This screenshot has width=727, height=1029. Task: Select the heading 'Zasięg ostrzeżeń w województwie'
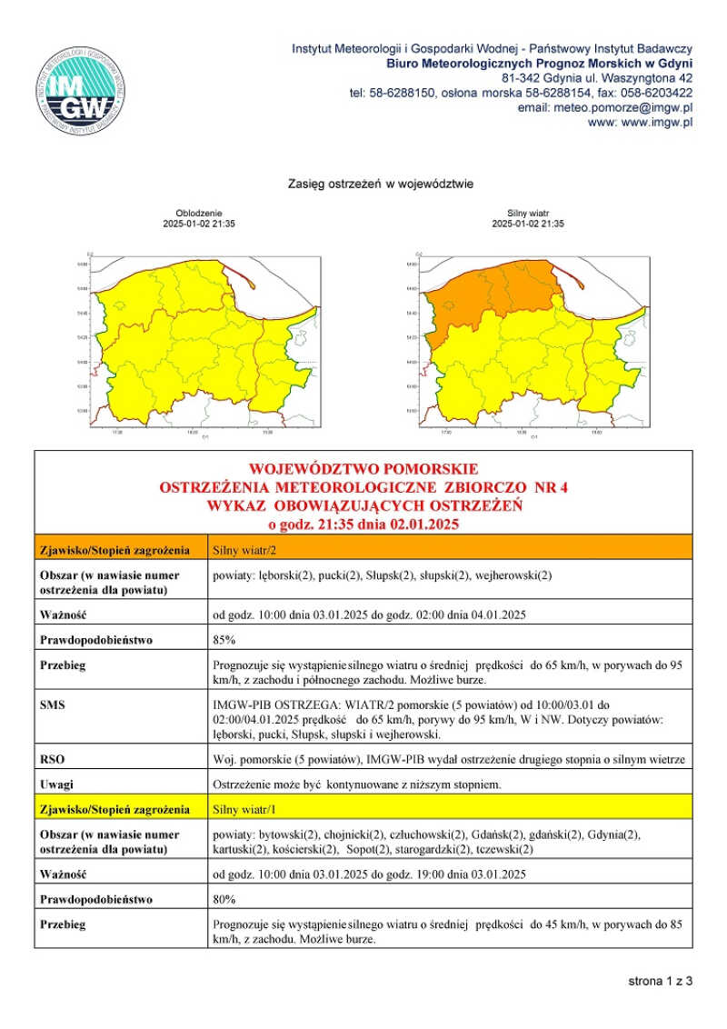pos(381,184)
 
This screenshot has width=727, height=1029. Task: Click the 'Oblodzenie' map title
pos(198,213)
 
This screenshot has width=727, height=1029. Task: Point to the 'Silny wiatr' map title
pos(527,213)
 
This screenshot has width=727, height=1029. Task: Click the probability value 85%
pos(224,639)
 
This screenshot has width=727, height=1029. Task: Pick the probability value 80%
pos(224,899)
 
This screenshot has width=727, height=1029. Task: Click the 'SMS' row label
pos(53,704)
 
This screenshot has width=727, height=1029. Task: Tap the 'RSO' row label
pos(53,758)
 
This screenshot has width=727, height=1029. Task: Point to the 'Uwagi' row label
pos(56,784)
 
